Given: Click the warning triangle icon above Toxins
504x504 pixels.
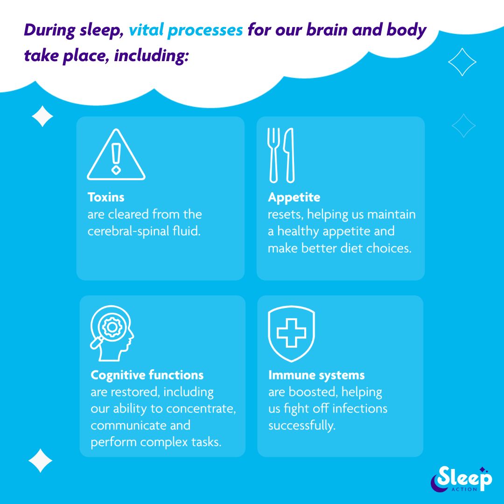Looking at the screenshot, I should point(116,155).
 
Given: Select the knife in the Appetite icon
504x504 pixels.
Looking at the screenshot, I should point(289,155).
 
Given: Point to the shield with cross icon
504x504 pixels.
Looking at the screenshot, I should point(291,333).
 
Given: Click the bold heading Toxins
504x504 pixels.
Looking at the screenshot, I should point(106,197).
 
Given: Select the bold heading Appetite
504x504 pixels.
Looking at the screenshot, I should point(294,197).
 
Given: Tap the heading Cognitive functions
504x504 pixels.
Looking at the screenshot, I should point(147,375).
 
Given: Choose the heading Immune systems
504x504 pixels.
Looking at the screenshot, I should point(316,375).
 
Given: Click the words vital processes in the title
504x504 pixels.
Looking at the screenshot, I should point(186,30).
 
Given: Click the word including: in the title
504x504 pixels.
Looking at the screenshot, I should point(151,56).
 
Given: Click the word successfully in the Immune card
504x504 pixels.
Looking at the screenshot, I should point(301,426).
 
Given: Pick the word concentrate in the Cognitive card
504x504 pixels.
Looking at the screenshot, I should point(201,409).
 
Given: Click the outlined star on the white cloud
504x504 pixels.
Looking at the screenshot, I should point(462,62).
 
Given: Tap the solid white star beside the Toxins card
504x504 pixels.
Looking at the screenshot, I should point(42,116).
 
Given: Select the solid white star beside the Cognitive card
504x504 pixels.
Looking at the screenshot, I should point(41,461).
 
